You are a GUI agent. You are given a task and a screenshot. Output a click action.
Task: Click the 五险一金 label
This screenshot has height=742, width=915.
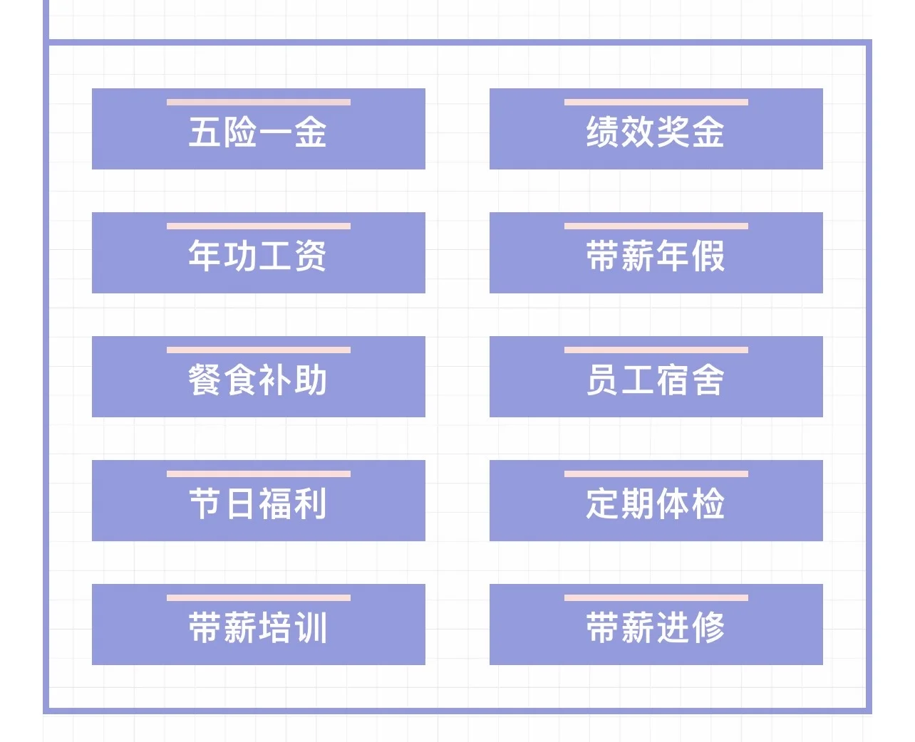[258, 132]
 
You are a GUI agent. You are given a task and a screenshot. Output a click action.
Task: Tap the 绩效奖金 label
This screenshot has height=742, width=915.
[656, 132]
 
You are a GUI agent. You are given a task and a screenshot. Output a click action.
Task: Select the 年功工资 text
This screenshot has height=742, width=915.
[258, 256]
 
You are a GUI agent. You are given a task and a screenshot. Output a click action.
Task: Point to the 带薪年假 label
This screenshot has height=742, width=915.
[656, 256]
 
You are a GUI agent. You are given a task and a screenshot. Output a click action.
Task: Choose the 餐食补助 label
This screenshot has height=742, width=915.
[258, 380]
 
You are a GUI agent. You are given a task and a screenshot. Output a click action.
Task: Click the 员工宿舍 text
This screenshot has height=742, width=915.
[656, 380]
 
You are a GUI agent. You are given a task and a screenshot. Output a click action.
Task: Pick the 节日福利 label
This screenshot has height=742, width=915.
[258, 504]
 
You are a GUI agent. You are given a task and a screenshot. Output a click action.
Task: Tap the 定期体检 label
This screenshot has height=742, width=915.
[656, 504]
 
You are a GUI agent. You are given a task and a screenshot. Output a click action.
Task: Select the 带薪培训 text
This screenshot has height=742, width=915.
[258, 628]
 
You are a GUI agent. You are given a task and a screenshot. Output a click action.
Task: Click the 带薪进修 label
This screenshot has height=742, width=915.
[656, 628]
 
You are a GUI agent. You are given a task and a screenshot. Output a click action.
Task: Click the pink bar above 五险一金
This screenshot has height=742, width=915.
[258, 103]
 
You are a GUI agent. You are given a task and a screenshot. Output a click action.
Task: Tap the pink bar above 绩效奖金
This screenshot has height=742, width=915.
[656, 103]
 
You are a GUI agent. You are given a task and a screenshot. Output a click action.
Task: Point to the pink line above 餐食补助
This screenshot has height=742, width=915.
[258, 350]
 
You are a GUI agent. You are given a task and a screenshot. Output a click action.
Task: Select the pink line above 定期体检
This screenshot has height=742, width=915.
[656, 474]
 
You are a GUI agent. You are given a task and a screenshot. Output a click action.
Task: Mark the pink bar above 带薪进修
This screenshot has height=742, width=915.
[656, 598]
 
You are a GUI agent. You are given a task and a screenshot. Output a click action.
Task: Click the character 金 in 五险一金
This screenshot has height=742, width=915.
[311, 132]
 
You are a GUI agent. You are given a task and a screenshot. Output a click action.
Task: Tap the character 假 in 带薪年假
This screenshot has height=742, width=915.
[708, 256]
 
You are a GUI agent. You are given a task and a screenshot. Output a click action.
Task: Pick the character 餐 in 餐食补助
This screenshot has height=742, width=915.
[205, 380]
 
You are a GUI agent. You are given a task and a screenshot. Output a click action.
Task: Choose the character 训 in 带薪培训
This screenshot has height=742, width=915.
[311, 628]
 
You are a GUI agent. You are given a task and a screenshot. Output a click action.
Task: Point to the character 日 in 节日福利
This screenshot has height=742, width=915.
[240, 504]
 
